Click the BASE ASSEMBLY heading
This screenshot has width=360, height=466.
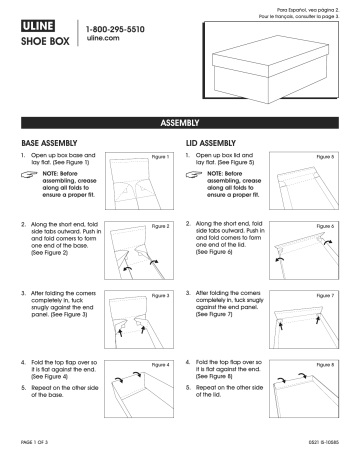[50, 144]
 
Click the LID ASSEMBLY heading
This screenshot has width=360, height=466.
[216, 144]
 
